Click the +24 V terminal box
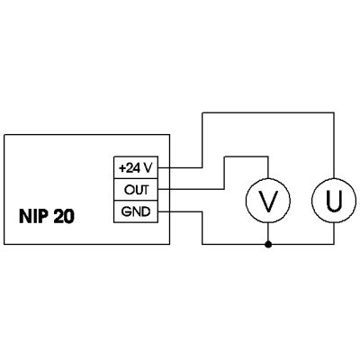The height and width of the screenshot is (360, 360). tap(136, 167)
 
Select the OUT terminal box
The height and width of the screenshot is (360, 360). tap(136, 190)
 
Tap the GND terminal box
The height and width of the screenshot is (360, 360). tap(136, 211)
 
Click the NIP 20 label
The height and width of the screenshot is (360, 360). tap(47, 216)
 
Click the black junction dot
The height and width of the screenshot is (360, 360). tap(268, 245)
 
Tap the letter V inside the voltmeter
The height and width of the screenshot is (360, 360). tap(268, 200)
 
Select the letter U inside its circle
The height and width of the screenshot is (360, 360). tap(334, 200)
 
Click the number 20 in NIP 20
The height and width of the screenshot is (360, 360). tap(64, 216)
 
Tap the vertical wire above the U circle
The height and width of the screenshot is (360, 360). tap(334, 145)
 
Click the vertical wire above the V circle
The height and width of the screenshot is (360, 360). tap(268, 166)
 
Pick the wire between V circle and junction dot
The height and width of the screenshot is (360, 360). tap(268, 232)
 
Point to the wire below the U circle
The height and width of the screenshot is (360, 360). tap(334, 233)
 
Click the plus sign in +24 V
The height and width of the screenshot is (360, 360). tap(122, 168)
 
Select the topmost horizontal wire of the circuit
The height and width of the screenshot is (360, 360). tap(268, 112)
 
